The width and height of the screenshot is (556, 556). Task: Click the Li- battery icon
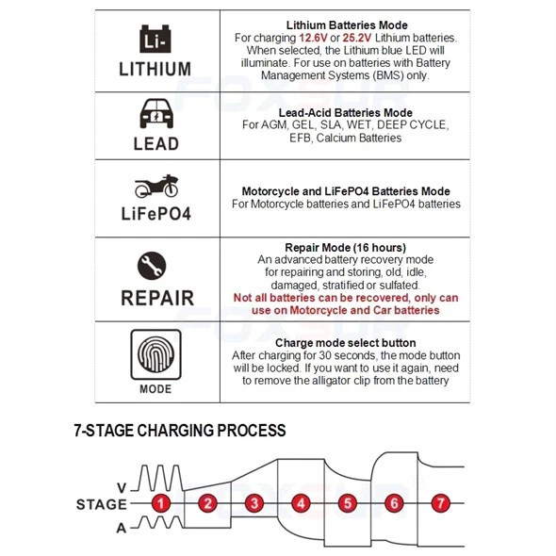click(155, 39)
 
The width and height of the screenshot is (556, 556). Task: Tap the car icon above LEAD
click(156, 113)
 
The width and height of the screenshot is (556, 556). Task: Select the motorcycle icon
click(156, 186)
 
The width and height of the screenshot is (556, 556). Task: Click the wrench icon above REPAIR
click(152, 266)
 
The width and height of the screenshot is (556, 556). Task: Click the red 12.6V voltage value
click(313, 38)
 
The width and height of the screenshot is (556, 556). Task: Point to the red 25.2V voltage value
click(357, 38)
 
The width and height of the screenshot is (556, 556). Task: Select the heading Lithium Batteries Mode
click(347, 25)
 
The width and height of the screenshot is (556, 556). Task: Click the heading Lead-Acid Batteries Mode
click(345, 113)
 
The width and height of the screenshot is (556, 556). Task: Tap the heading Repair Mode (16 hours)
click(345, 248)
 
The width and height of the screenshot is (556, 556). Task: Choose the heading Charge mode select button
click(345, 343)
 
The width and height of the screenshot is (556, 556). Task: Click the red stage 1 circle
click(161, 503)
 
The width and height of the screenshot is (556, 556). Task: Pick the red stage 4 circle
click(301, 503)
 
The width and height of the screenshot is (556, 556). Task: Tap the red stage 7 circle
click(440, 503)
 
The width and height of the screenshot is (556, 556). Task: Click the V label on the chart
click(122, 488)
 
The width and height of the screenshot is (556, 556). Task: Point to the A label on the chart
click(122, 529)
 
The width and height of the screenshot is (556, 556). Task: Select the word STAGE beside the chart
click(102, 504)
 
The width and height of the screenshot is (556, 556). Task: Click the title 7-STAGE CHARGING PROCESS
click(180, 431)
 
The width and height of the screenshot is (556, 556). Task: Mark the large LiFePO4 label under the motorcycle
click(156, 214)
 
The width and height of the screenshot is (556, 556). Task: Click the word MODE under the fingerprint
click(155, 389)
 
